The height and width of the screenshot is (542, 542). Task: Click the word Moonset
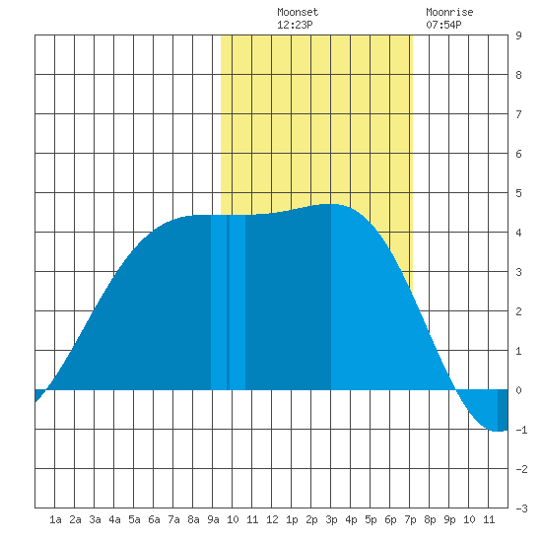(298, 12)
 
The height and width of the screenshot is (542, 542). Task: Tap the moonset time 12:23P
(295, 25)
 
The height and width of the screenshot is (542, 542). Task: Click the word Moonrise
(449, 12)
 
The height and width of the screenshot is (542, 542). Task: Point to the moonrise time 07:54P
(443, 25)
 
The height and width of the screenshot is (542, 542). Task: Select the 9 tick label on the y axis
(518, 35)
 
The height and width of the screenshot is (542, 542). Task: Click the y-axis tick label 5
(518, 193)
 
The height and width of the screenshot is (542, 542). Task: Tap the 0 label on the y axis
(518, 390)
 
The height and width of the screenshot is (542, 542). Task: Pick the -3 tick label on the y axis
(521, 508)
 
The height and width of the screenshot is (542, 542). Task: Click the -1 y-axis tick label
(521, 430)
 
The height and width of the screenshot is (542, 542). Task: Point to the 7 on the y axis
(518, 114)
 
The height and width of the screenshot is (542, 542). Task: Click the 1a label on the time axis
(55, 519)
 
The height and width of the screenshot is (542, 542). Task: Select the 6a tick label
(154, 519)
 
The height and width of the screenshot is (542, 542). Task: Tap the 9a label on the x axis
(213, 519)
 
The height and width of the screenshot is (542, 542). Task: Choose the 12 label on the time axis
(272, 519)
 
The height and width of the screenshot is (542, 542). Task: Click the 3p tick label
(331, 519)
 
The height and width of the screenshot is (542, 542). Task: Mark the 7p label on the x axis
(410, 519)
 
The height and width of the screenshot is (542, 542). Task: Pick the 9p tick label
(449, 519)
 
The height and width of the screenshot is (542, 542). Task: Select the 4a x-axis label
(114, 519)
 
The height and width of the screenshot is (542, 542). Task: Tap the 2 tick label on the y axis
(518, 311)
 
